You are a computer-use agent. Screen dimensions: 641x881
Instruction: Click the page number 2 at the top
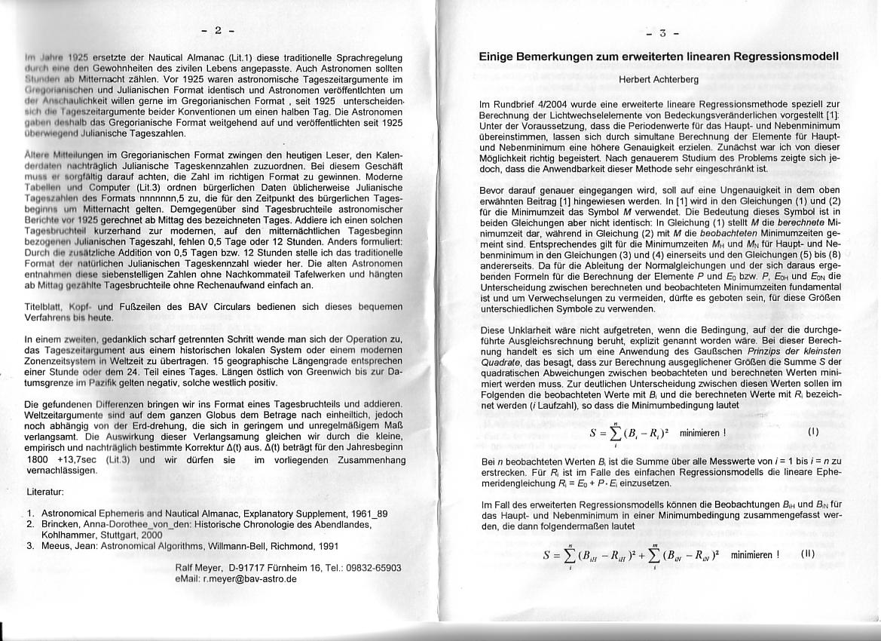(x=218, y=31)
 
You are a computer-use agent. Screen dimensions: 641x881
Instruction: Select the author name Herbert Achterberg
(x=659, y=78)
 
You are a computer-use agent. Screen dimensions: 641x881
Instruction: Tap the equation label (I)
(x=812, y=432)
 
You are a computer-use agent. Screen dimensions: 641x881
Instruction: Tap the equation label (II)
(x=807, y=553)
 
